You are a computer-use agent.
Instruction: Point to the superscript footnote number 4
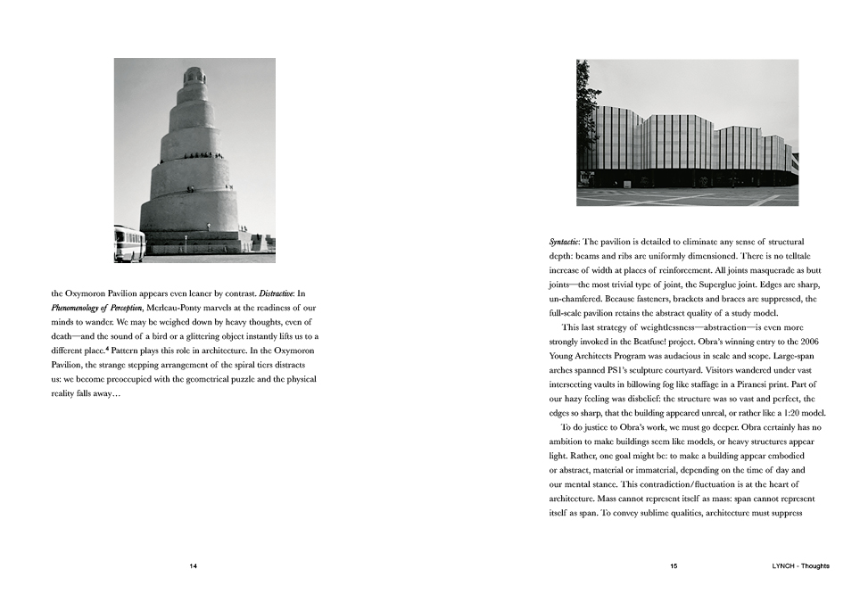(109, 349)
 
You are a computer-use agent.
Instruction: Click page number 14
(194, 566)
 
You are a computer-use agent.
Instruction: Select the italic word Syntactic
(564, 242)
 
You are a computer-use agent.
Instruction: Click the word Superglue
(751, 285)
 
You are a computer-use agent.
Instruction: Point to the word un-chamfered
(580, 299)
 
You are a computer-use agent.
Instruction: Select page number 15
(674, 566)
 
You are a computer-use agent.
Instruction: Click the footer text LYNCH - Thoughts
(800, 566)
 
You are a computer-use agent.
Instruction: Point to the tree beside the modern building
(587, 111)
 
